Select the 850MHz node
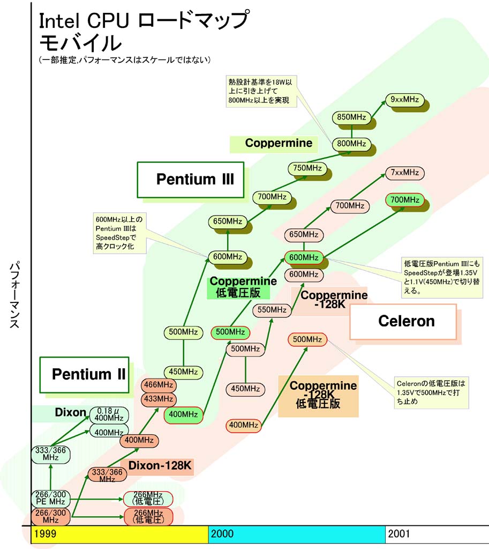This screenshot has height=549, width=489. click(x=351, y=117)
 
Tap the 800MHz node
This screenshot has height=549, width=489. click(x=351, y=144)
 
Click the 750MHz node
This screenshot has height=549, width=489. click(x=307, y=168)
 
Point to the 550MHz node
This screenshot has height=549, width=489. click(x=272, y=309)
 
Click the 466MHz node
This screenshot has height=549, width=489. click(x=158, y=385)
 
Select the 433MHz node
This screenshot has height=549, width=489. click(x=158, y=399)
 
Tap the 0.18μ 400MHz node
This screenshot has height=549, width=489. click(x=109, y=413)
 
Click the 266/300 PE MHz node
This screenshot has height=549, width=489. click(x=50, y=498)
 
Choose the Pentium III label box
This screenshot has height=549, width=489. click(x=190, y=179)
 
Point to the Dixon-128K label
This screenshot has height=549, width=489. click(x=156, y=466)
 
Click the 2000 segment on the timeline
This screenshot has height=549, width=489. click(x=296, y=534)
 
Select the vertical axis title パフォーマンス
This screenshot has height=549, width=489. click(x=15, y=295)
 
